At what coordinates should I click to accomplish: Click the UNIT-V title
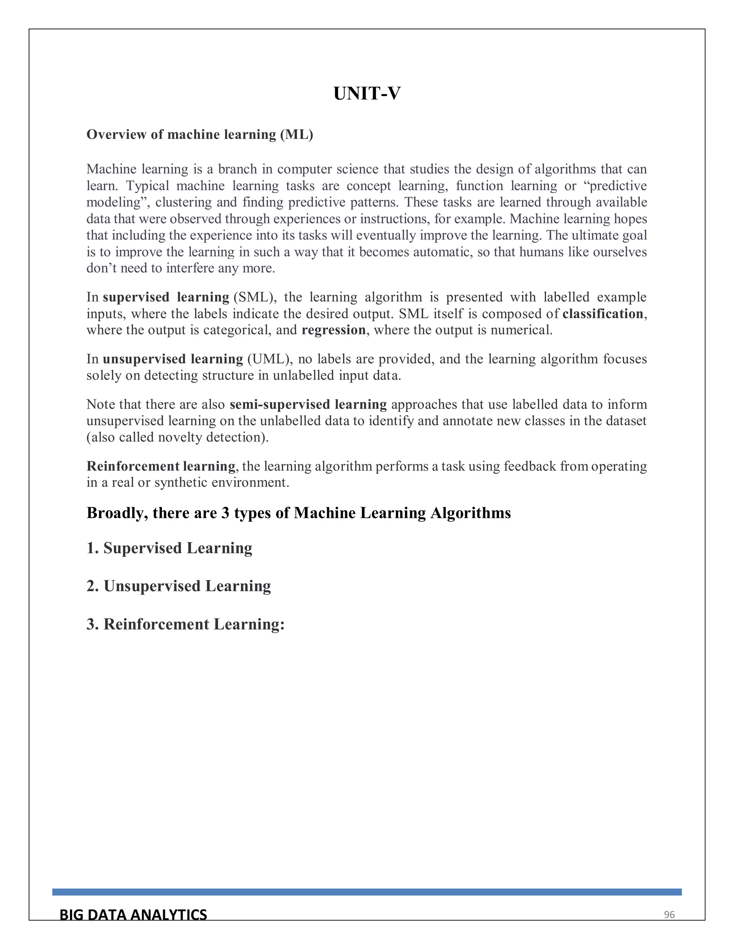[367, 93]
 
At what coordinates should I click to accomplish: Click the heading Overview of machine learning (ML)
[200, 135]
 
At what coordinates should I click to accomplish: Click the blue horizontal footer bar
[367, 892]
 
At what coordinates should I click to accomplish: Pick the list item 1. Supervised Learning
[169, 548]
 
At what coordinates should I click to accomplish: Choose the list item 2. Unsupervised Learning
[178, 586]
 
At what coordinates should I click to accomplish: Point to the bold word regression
[334, 330]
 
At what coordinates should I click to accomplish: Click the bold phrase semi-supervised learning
[308, 405]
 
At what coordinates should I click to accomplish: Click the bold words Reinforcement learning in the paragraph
[161, 466]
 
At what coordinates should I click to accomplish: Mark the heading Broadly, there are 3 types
[298, 513]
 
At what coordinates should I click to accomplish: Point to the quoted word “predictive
[614, 186]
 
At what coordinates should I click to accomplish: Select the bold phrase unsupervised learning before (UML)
[173, 359]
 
